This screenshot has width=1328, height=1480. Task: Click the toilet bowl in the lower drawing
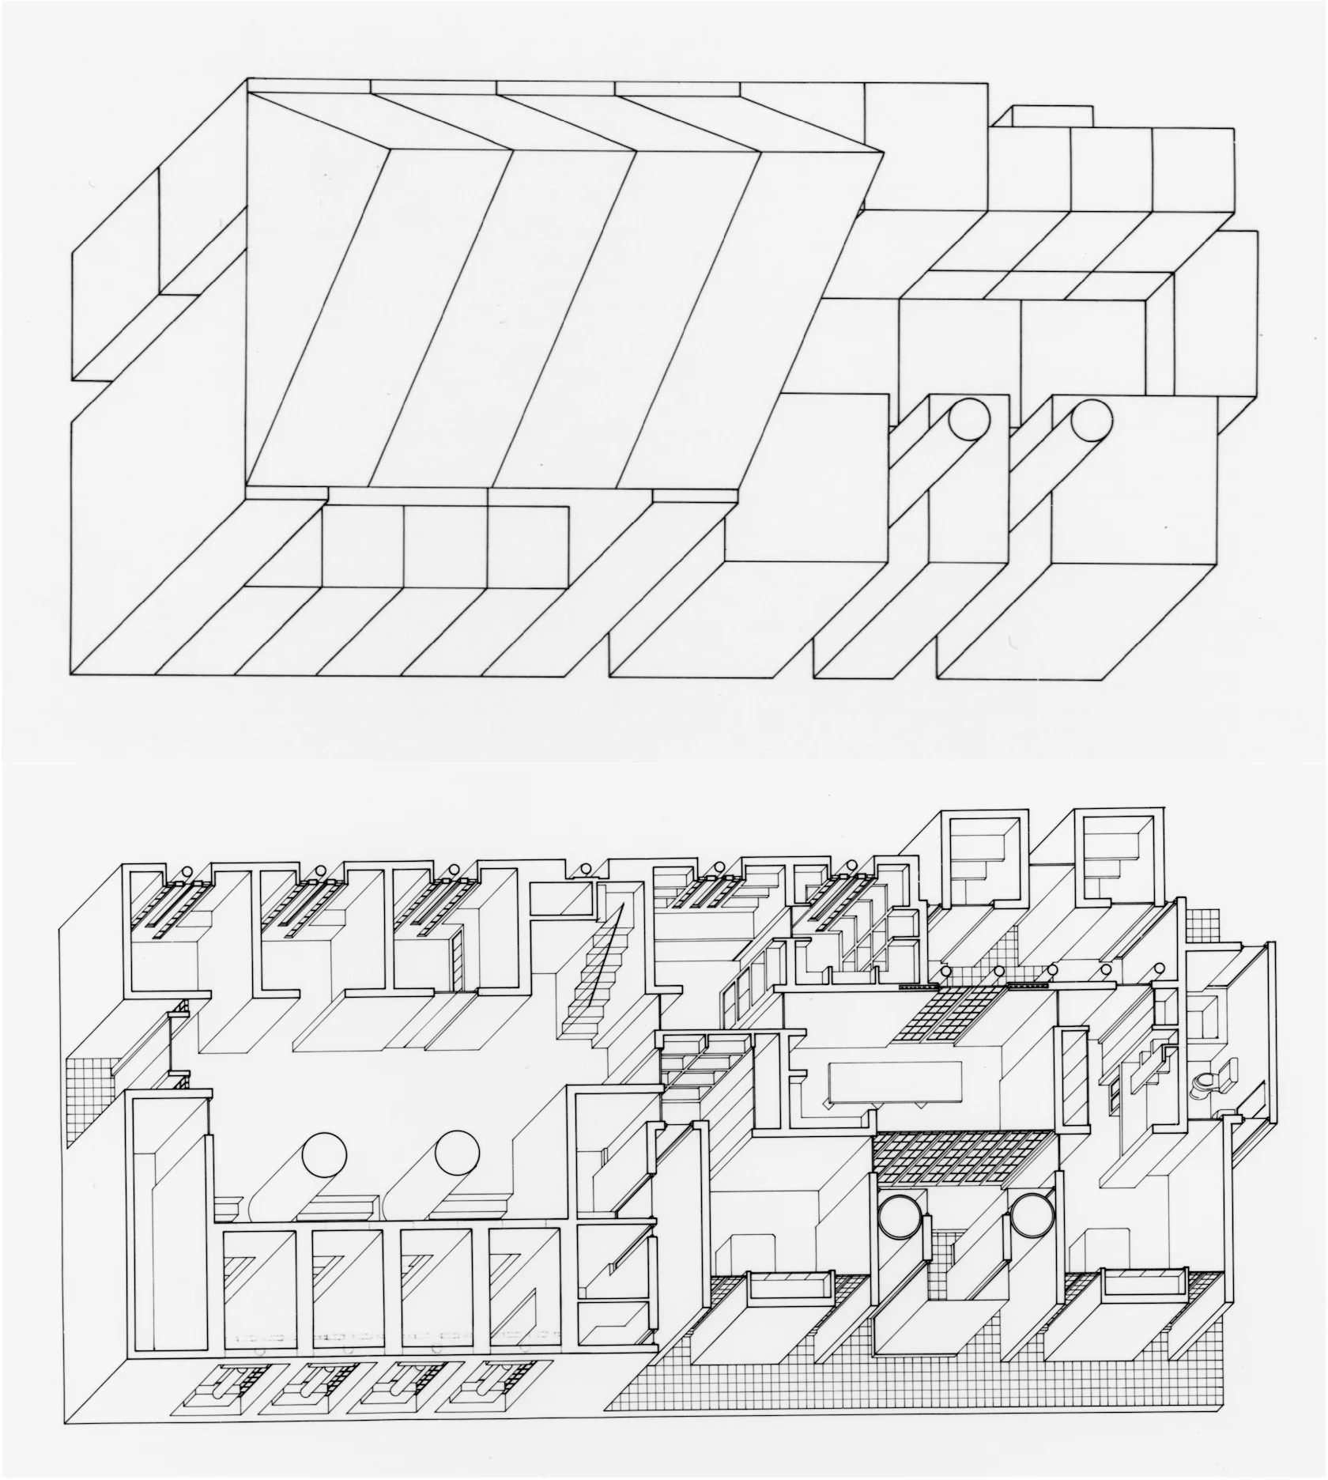[1204, 1084]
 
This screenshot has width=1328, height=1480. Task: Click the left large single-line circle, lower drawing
[324, 1153]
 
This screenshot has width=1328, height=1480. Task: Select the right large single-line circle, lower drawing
[457, 1153]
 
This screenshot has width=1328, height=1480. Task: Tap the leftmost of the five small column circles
[945, 971]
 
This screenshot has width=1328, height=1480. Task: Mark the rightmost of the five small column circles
[1159, 969]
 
